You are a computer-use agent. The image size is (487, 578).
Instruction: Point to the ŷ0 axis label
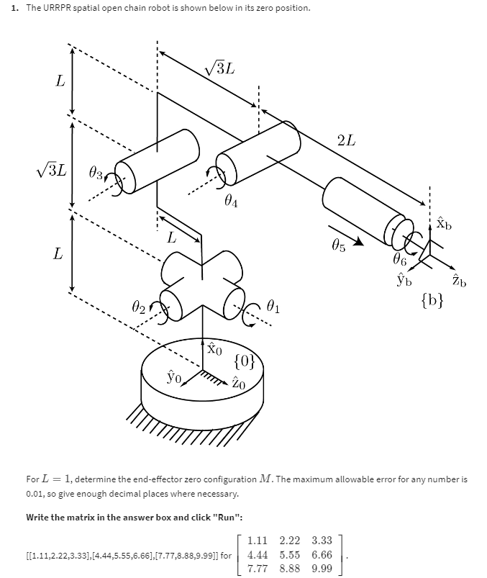coord(173,376)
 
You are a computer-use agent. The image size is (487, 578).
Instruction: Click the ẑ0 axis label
coord(240,384)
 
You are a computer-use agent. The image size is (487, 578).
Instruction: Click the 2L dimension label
coord(345,140)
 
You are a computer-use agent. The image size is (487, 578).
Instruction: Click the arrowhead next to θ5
coord(360,244)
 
